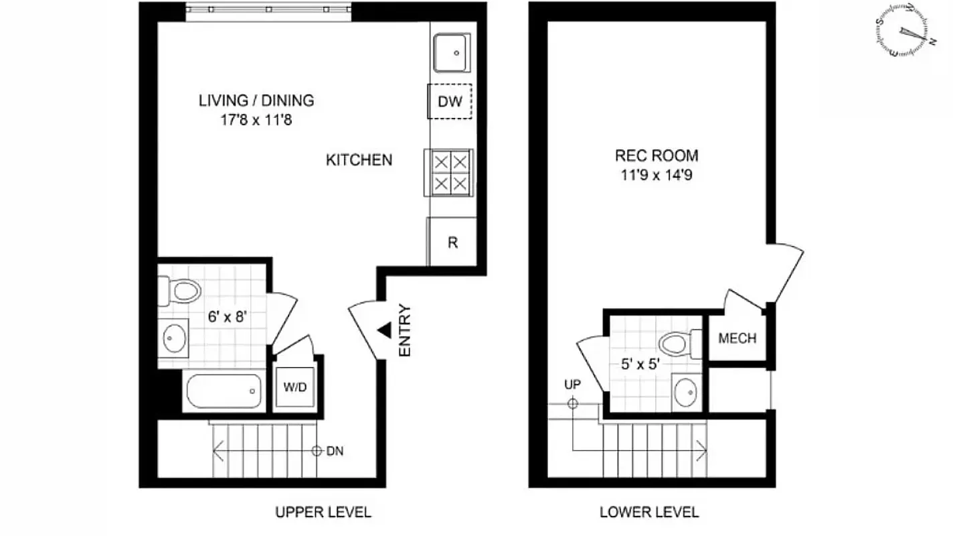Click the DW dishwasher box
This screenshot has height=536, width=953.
(450, 102)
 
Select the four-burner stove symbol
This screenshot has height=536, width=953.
(449, 172)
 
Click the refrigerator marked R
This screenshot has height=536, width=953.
(452, 242)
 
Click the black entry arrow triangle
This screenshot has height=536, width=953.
(384, 329)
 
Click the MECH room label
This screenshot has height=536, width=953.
(737, 338)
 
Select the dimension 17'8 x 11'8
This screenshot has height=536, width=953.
(256, 121)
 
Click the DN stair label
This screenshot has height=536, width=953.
(335, 451)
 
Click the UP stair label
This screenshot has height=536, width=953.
(572, 385)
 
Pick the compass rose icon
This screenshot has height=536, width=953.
(902, 31)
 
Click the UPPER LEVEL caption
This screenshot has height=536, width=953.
(323, 513)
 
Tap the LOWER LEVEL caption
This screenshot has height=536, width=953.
(648, 513)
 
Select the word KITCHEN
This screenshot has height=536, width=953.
(359, 160)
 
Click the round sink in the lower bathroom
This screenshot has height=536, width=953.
(686, 392)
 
